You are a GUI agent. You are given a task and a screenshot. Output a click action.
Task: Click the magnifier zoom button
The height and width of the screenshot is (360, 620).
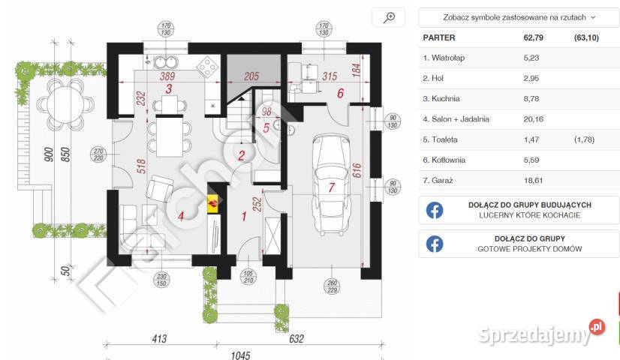tap(389, 17)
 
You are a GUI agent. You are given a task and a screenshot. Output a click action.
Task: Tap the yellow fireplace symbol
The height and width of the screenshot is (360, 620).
tap(213, 203)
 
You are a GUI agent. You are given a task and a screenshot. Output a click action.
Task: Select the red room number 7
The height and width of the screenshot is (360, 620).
tap(331, 187)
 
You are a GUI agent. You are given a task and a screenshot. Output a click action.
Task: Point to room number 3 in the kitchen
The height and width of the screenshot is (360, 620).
tap(169, 89)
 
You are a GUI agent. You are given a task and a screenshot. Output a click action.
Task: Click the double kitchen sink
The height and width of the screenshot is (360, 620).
tap(166, 62)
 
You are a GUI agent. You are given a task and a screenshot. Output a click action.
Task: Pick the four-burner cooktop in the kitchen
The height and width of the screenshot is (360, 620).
tap(208, 67)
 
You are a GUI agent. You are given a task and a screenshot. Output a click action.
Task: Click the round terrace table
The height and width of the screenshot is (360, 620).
tap(65, 105)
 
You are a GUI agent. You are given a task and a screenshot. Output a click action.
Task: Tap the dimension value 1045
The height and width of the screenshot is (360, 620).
tap(240, 355)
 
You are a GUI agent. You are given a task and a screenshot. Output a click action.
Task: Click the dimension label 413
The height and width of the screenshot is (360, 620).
tap(159, 339)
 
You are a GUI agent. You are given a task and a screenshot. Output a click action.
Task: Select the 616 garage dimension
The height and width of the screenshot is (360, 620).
tap(357, 170)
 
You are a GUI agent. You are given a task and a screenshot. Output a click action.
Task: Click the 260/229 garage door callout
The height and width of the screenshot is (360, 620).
tap(332, 286)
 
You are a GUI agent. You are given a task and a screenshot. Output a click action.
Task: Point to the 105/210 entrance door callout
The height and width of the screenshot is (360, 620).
tap(248, 277)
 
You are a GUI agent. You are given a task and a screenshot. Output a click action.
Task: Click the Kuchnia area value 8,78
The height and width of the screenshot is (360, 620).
tap(531, 99)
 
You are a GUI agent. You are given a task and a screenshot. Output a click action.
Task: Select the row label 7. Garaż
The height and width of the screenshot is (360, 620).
tap(438, 181)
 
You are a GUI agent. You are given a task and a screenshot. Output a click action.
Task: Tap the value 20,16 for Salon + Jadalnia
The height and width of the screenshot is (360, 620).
tap(534, 119)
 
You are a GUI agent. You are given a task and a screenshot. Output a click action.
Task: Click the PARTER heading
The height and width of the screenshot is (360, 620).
tap(439, 37)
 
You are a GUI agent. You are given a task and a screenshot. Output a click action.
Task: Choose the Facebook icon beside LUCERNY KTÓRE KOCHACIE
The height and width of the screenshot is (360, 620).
tap(435, 210)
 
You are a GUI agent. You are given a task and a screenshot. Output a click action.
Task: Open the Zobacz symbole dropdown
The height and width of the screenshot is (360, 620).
tap(519, 17)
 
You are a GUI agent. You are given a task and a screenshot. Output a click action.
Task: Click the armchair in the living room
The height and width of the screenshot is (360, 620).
tap(159, 188)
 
